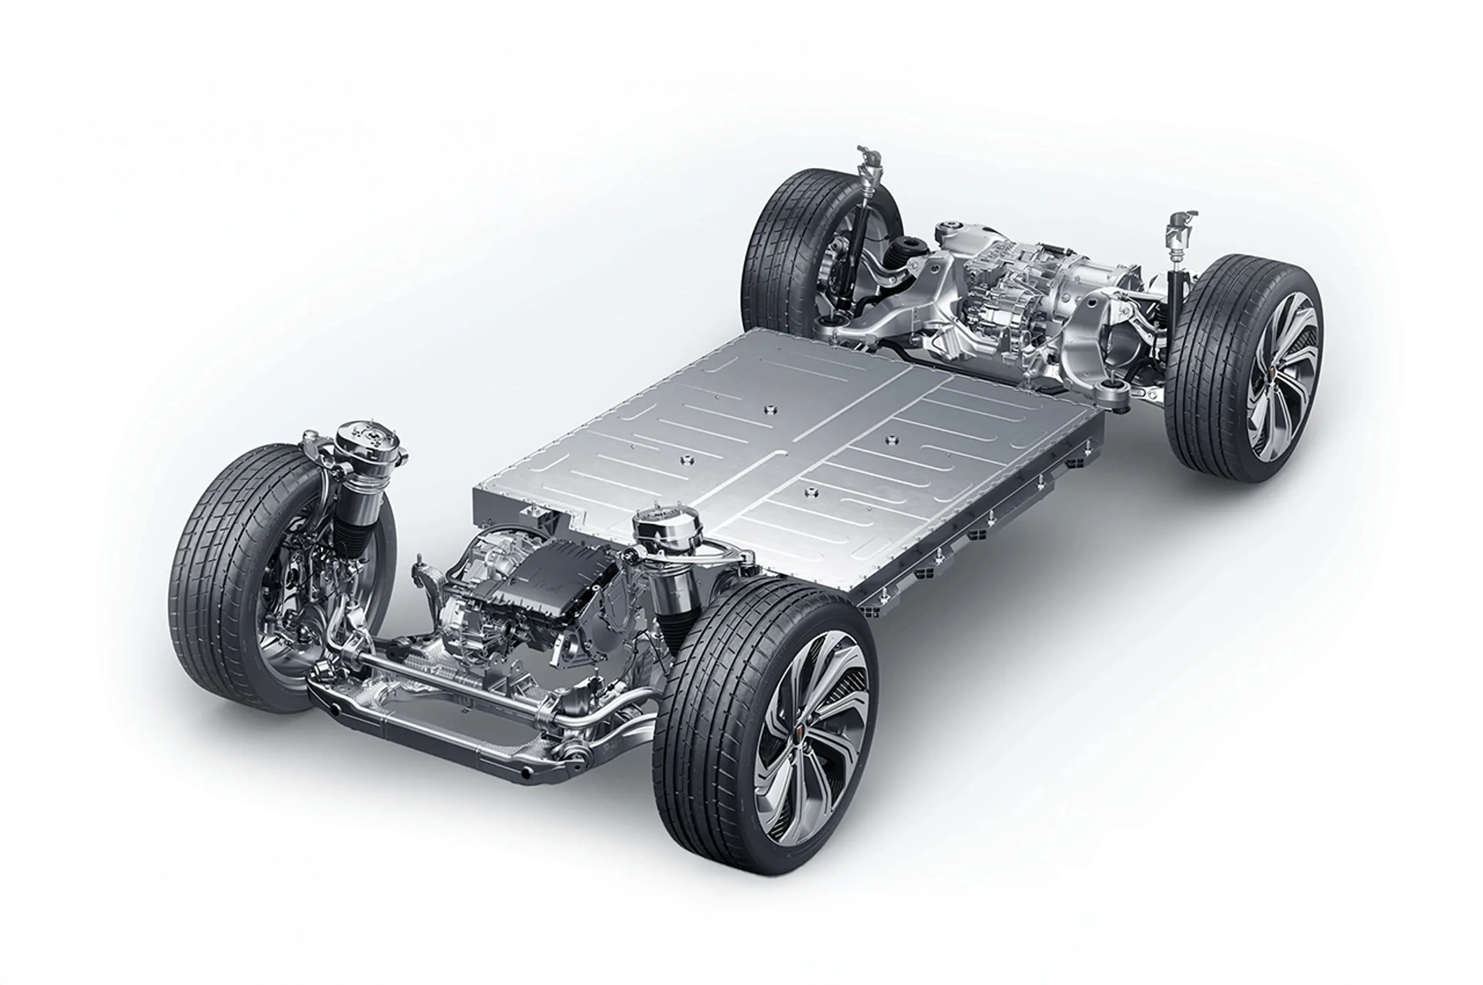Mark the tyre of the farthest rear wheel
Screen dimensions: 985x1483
776,251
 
